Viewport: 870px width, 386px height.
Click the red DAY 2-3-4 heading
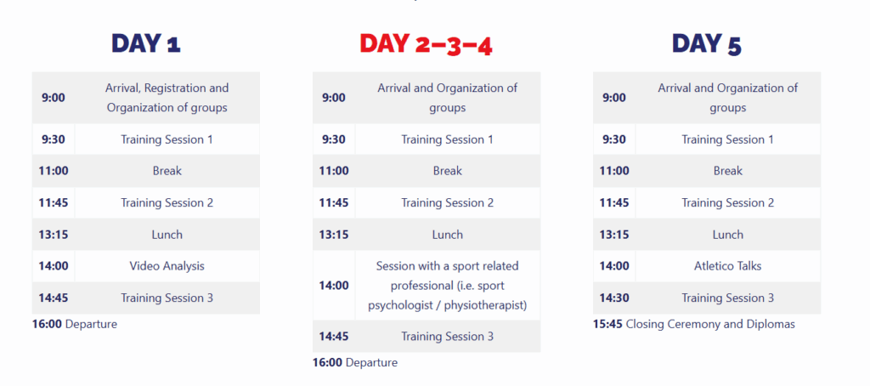(x=426, y=44)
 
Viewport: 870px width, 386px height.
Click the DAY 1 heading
(x=146, y=43)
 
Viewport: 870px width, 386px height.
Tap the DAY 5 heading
(x=706, y=44)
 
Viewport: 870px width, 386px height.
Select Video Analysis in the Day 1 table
(x=167, y=266)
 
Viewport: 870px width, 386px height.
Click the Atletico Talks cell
(x=727, y=266)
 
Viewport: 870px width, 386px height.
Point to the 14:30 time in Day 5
(x=614, y=298)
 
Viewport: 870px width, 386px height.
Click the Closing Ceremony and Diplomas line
(x=694, y=324)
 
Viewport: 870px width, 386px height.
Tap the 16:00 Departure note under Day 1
(x=75, y=324)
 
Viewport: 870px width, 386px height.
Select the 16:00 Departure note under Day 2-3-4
(x=355, y=363)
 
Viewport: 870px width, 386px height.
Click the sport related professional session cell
(x=447, y=286)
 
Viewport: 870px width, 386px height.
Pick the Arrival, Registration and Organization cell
(x=167, y=98)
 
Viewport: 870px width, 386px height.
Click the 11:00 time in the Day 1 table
(x=54, y=171)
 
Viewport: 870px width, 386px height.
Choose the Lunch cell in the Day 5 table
(x=727, y=235)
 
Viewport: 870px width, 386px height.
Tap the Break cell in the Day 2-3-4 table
(x=447, y=171)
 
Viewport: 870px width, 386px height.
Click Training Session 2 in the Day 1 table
(x=167, y=203)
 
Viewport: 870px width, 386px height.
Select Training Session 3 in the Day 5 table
(x=727, y=298)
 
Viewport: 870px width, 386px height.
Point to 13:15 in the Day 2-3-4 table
(x=333, y=235)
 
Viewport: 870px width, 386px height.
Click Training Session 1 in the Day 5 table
(x=727, y=140)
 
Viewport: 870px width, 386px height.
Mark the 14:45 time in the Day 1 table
(x=54, y=298)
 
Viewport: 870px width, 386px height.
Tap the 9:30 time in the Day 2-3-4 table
(x=333, y=140)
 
